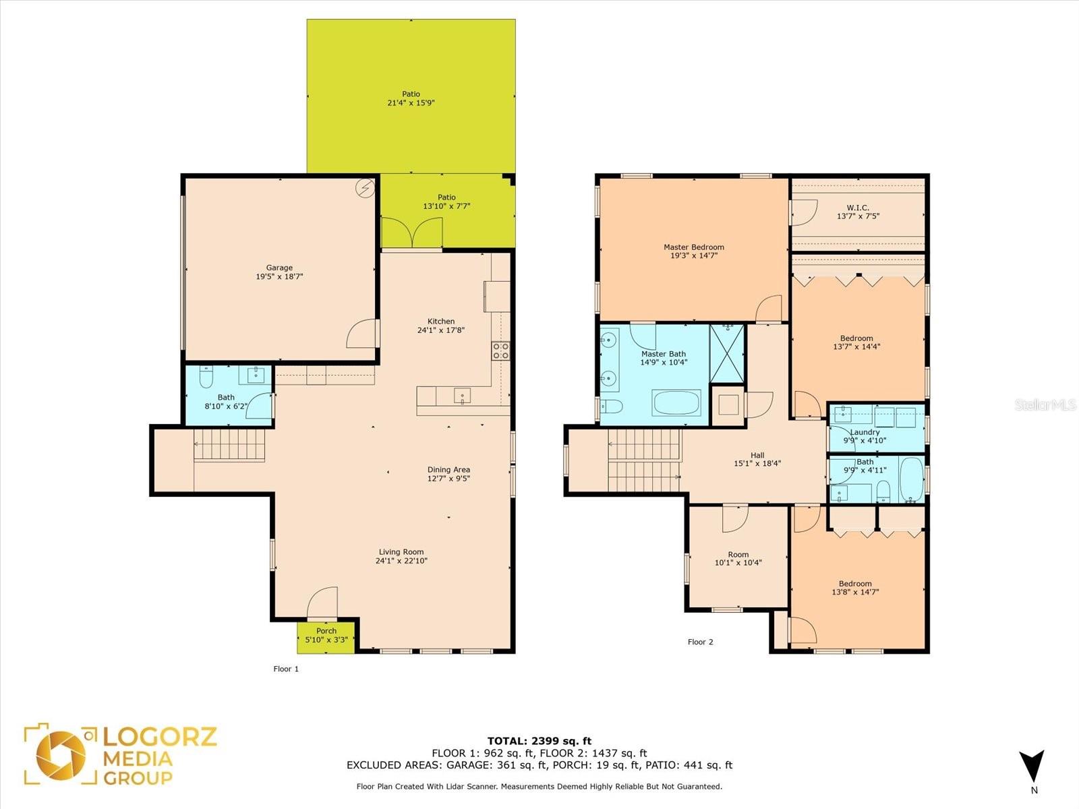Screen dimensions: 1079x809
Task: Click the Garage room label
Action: (279, 268)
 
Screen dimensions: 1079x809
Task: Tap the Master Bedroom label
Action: (694, 247)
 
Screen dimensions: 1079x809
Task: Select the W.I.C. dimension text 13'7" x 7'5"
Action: (858, 216)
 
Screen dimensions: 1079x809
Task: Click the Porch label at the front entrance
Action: (326, 631)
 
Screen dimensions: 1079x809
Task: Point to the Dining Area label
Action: (448, 470)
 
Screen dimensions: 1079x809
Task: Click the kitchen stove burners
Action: (500, 351)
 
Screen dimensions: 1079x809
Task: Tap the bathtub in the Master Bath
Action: (676, 402)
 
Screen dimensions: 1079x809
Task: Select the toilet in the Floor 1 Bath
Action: (206, 377)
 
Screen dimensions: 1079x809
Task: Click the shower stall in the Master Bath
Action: (727, 354)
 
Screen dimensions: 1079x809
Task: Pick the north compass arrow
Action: (1031, 769)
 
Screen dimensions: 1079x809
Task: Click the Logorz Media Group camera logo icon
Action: (61, 754)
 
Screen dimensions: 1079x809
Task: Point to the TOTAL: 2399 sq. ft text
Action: (539, 741)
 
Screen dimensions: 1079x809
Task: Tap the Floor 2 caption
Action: (700, 642)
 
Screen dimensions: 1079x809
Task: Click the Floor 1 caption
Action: (286, 669)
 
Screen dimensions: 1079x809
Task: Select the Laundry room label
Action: (865, 432)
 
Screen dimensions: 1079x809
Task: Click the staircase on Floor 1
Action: (229, 444)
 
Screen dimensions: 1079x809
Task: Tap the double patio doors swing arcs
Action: (412, 233)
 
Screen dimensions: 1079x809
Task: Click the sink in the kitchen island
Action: (462, 396)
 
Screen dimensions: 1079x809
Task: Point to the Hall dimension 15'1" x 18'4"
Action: (757, 463)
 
